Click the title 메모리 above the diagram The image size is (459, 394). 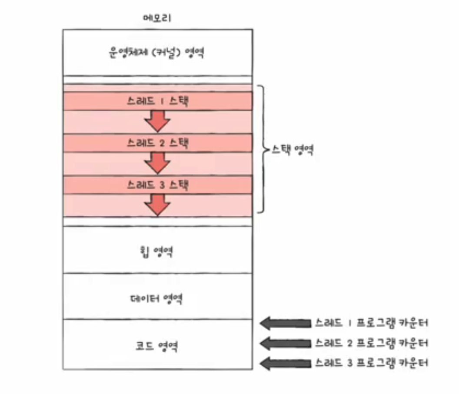[x=157, y=18]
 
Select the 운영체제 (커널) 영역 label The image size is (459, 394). [x=157, y=53]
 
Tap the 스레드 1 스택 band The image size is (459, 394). [x=157, y=101]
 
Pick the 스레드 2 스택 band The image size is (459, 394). [x=157, y=143]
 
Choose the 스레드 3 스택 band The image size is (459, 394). [x=157, y=184]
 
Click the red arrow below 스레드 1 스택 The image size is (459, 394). [x=157, y=121]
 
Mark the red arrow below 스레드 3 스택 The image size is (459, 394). [x=157, y=204]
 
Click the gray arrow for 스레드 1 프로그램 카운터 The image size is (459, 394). [x=285, y=323]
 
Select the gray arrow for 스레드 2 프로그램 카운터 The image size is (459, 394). [x=285, y=343]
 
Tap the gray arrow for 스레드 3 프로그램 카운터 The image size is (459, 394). [x=285, y=363]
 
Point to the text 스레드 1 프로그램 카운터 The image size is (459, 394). [x=372, y=323]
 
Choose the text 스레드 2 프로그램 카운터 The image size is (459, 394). [x=372, y=343]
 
